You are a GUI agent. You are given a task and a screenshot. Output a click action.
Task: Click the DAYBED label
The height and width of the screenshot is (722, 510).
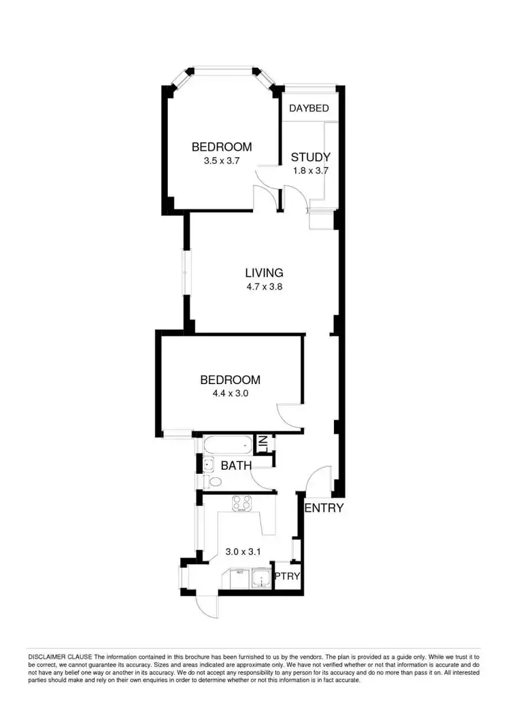point(309,109)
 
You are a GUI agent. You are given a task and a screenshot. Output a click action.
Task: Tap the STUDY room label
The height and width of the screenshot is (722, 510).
point(310,158)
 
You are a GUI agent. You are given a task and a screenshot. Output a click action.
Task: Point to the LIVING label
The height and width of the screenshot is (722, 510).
point(264,273)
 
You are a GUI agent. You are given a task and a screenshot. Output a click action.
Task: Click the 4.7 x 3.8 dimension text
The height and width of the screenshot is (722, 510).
point(264,287)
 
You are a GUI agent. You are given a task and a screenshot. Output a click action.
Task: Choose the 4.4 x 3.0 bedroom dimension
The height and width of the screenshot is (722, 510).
point(230,393)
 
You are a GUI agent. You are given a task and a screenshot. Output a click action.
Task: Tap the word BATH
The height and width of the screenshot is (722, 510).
point(236,466)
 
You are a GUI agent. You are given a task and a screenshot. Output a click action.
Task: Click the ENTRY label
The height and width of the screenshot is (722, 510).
point(324,508)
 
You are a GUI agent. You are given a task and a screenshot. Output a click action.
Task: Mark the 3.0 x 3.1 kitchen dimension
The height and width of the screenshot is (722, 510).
point(243,552)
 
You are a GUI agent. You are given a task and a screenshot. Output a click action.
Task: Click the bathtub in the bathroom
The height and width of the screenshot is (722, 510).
point(226,446)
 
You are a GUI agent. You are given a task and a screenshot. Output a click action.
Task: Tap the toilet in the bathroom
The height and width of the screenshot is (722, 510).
point(213,482)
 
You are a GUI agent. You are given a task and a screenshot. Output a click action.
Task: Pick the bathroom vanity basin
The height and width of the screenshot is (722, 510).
point(209,466)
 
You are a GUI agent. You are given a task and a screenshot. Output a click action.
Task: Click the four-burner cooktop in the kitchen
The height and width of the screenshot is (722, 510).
point(242,504)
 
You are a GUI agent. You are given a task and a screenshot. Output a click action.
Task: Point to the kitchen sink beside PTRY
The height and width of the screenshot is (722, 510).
point(260,580)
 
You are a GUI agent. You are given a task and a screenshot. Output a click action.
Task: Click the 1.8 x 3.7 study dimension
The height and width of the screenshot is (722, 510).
point(310,171)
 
